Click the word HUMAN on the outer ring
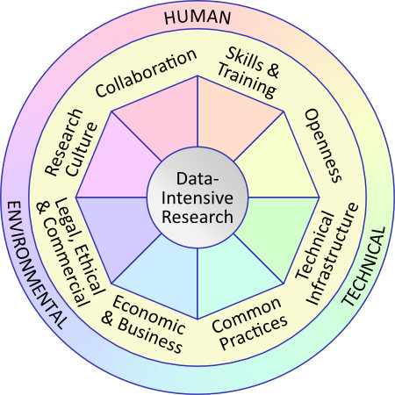(x=197, y=18)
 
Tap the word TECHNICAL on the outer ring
(x=364, y=267)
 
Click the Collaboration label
(x=146, y=73)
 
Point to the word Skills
(x=245, y=59)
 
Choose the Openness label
(x=323, y=146)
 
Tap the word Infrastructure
(x=333, y=254)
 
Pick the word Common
(x=247, y=315)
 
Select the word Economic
(x=148, y=314)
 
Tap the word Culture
(x=83, y=149)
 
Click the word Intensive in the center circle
(x=197, y=197)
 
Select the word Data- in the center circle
(x=197, y=178)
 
